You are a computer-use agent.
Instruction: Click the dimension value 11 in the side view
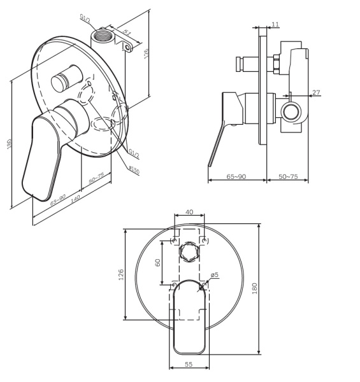pyautogui.click(x=275, y=24)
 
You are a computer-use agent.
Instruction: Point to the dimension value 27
pyautogui.click(x=316, y=93)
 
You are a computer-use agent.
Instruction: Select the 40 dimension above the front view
pyautogui.click(x=189, y=212)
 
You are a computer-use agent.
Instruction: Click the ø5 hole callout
pyautogui.click(x=215, y=275)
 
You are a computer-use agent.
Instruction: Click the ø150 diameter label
pyautogui.click(x=134, y=169)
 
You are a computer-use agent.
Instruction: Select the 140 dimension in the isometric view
pyautogui.click(x=75, y=199)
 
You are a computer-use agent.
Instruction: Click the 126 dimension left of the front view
pyautogui.click(x=121, y=274)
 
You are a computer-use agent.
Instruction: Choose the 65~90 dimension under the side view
pyautogui.click(x=236, y=176)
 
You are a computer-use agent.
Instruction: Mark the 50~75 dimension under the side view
pyautogui.click(x=288, y=176)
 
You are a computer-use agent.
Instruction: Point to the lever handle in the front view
pyautogui.click(x=189, y=315)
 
